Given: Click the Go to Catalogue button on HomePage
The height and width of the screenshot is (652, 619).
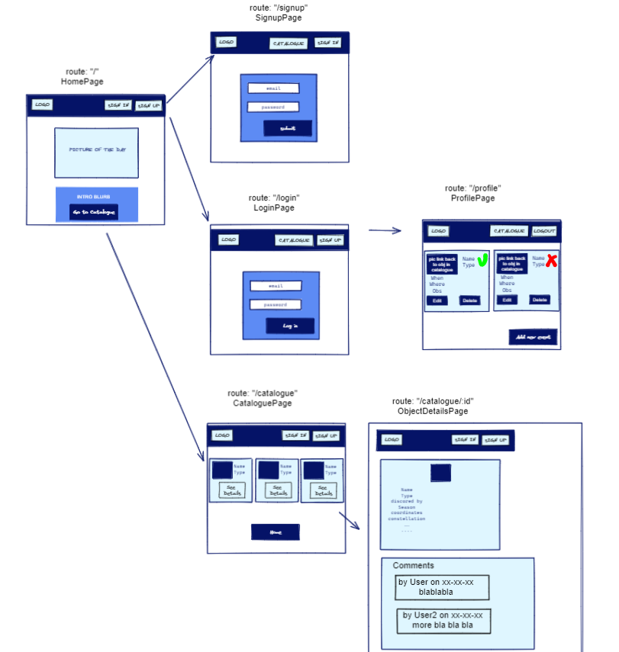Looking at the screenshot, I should coord(94,212).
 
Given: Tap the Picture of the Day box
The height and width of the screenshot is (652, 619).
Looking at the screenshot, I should coord(96,152).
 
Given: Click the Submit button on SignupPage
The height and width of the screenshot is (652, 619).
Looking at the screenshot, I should coord(288,128).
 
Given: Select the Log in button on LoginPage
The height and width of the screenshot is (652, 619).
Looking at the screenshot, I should coord(290,326).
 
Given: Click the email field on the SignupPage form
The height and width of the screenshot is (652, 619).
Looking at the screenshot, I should coord(272,88).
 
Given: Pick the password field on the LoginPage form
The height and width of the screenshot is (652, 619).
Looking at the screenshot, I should coord(276,304).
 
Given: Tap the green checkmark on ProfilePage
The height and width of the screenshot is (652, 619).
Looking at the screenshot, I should coord(482,261).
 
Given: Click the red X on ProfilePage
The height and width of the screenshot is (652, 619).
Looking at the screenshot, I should coord(551,261).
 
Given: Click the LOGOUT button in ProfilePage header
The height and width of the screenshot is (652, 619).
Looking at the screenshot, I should coord(544,231).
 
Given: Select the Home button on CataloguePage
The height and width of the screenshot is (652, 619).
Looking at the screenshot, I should coord(276,532).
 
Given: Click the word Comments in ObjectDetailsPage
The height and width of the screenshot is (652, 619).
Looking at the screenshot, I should coord(413,566).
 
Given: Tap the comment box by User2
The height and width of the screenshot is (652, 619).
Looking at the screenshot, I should coord(443,620).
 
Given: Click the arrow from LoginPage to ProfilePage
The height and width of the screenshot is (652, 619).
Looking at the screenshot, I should coord(385,230).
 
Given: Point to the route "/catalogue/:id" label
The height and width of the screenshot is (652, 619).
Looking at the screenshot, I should coord(433,401).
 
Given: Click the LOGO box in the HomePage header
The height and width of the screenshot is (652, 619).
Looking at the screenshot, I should coord(42,105).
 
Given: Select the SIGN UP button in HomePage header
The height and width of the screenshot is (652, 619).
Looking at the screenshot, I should coord(148,105).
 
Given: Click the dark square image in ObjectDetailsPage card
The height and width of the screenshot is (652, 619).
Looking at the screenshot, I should coord(440,473).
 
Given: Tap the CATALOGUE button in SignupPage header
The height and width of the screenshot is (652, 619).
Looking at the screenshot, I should coord(289,43).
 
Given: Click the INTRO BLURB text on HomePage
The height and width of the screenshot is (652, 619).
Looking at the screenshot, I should coord(94,197).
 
